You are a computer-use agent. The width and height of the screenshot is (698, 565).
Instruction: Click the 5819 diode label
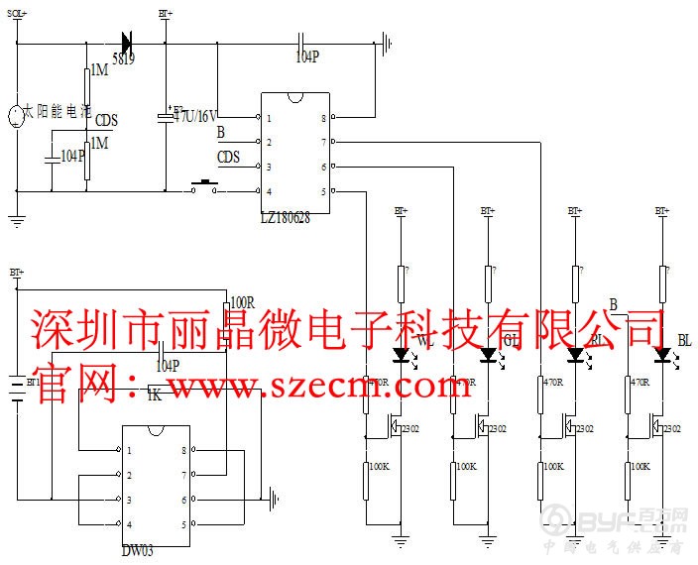124,59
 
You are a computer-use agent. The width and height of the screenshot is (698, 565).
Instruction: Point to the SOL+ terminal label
18,14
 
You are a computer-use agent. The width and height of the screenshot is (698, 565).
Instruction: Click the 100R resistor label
242,302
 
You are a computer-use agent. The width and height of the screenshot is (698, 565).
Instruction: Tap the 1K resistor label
154,395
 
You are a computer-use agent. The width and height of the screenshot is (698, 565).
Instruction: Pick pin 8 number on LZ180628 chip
323,118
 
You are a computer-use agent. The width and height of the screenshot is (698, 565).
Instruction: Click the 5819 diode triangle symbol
127,42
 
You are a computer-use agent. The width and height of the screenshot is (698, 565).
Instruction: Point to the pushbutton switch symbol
205,186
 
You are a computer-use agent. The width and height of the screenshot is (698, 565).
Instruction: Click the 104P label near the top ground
307,56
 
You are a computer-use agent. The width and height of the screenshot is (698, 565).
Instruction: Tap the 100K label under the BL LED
641,466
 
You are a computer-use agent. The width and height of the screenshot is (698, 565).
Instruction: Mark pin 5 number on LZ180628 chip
323,191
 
